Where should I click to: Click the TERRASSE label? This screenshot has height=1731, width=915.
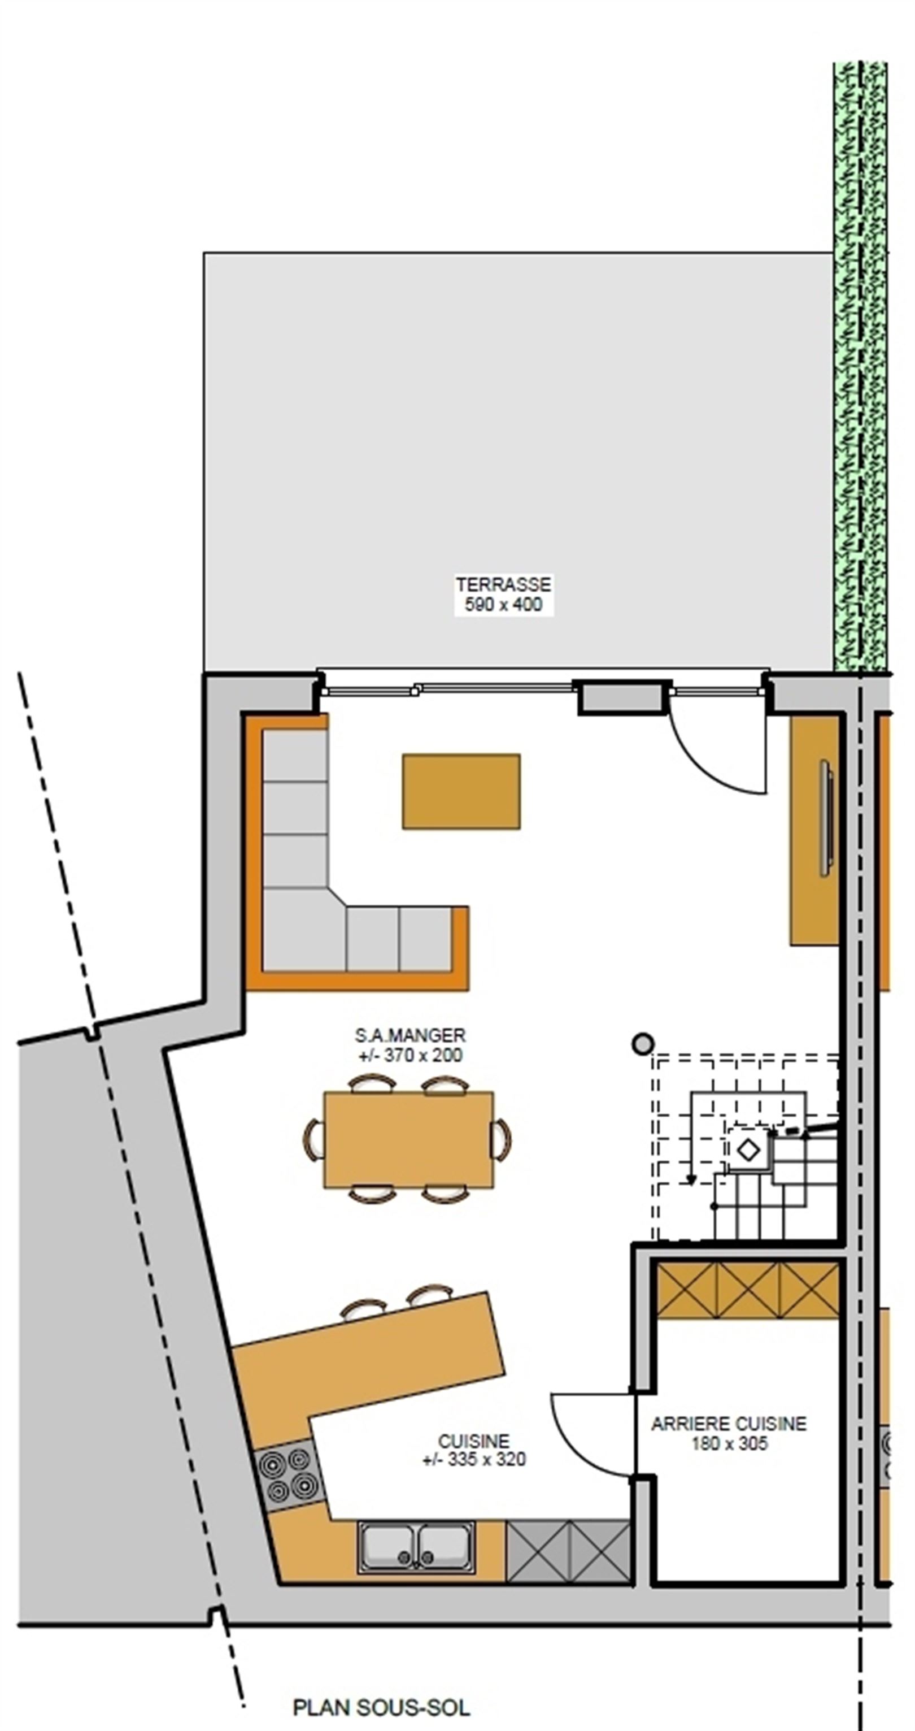tap(503, 584)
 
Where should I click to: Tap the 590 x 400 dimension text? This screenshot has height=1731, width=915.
tap(503, 605)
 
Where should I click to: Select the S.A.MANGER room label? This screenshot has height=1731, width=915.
tap(410, 1035)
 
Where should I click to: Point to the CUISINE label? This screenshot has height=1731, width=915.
tap(474, 1442)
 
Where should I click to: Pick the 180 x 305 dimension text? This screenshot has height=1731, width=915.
tap(730, 1443)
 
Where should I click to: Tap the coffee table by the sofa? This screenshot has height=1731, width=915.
tap(461, 791)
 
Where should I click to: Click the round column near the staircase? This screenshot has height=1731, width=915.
tap(643, 1044)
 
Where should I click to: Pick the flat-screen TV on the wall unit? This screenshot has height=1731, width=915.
tap(826, 818)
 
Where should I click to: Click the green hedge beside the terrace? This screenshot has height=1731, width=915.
tap(860, 366)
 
